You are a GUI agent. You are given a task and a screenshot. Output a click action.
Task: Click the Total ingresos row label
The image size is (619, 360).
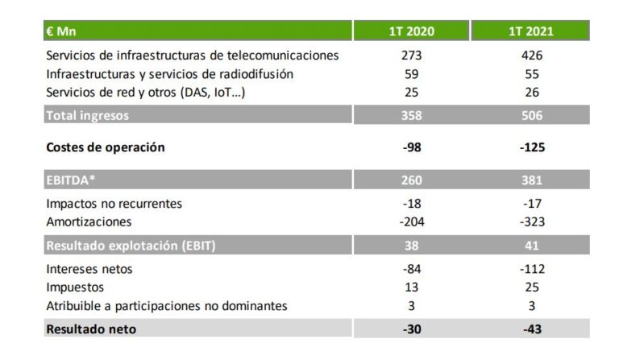[x=87, y=115]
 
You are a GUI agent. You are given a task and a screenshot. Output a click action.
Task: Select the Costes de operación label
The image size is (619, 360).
[x=106, y=147]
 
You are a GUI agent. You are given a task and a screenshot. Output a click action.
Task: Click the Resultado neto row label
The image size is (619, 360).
[x=91, y=329]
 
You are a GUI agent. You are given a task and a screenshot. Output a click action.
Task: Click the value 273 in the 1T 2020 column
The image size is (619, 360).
[x=412, y=56]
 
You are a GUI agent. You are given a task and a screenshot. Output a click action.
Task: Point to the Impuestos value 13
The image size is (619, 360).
[x=412, y=286]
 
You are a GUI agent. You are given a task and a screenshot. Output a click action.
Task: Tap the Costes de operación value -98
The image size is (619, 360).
[x=412, y=147]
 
